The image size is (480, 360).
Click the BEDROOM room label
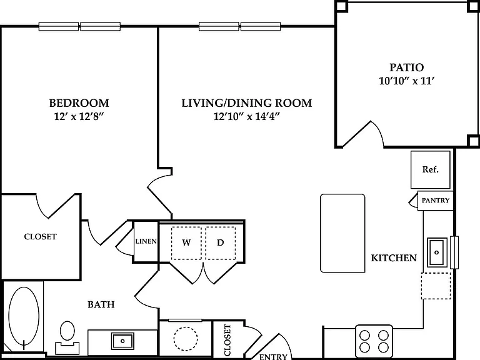79,103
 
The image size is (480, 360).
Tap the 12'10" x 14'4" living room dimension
247,116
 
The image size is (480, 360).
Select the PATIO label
406,67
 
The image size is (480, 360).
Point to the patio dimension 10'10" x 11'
407,81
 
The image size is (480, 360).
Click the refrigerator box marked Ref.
431,169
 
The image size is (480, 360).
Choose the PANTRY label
436,201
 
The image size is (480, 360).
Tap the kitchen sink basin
437,252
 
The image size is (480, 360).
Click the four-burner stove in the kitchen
374,341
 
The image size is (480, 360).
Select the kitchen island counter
342,233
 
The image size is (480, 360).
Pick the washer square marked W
186,243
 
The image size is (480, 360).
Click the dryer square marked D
221,243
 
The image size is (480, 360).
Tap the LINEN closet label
146,241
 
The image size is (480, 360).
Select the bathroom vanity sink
122,341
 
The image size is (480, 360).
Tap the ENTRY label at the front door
273,357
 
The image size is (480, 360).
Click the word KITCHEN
394,258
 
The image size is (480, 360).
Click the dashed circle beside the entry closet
186,339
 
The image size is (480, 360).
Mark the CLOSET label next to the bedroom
40,237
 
